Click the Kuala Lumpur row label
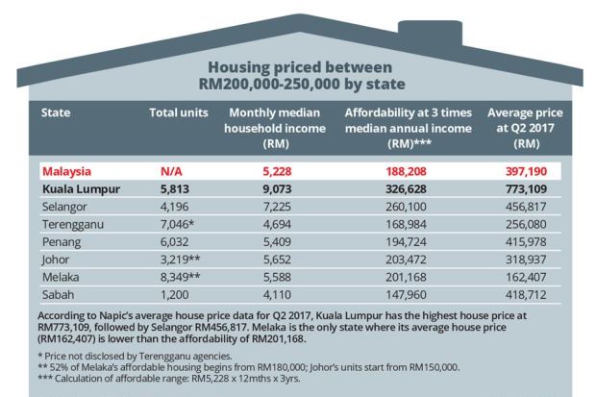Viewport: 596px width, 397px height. (80, 189)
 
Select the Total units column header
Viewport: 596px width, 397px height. (179, 113)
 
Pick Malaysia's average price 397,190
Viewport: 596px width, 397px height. (525, 171)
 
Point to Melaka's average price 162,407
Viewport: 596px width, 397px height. (525, 276)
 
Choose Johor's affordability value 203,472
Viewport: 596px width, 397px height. (409, 259)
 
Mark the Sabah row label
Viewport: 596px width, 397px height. (59, 293)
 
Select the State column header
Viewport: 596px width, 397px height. (56, 113)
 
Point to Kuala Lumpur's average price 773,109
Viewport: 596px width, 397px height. (525, 189)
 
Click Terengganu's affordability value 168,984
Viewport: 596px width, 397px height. (409, 224)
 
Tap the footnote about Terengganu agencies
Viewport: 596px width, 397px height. (122, 355)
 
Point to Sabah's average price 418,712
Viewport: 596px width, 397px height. (525, 293)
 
